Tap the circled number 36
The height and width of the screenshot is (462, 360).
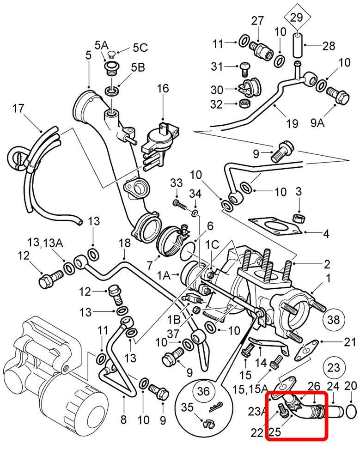203,391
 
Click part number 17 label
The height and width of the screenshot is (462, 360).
18,109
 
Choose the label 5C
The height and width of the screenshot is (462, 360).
140,47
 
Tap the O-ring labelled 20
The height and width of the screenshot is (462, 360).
350,409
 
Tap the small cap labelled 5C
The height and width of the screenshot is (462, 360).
111,55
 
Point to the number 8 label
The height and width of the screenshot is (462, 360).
123,419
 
